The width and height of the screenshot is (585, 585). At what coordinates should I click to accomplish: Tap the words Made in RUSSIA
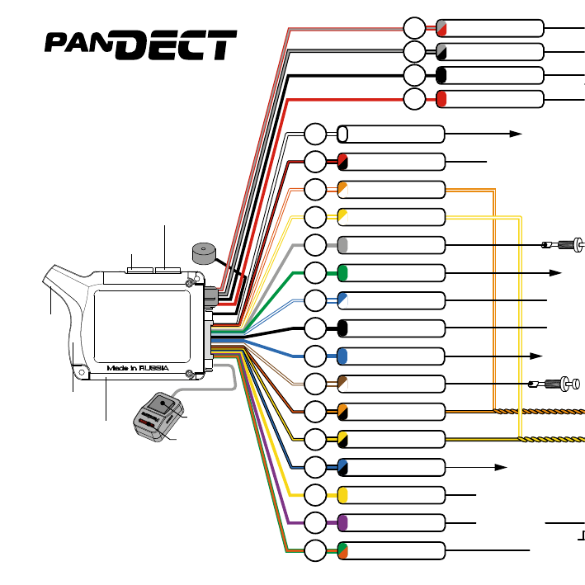click(138, 368)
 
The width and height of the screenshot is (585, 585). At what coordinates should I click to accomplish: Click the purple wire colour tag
click(342, 522)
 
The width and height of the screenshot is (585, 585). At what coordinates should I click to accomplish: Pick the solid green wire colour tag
click(342, 271)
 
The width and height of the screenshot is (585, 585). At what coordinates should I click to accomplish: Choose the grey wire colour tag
click(342, 244)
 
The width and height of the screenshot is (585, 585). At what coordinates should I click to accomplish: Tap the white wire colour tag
click(342, 134)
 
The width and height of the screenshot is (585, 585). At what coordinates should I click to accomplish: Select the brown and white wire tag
click(342, 383)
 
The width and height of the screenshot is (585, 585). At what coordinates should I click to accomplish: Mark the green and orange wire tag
click(342, 550)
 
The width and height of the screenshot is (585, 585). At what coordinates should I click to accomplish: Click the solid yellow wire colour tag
click(342, 494)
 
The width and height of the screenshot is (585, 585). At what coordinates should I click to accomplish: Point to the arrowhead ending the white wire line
click(516, 133)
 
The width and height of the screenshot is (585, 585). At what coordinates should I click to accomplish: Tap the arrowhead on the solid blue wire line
click(536, 355)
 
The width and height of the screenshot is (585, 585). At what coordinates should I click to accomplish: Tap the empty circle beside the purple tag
click(315, 522)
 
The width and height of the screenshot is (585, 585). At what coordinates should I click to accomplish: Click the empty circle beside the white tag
click(315, 134)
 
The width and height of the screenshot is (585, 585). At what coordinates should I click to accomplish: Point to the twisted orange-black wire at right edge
click(545, 410)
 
